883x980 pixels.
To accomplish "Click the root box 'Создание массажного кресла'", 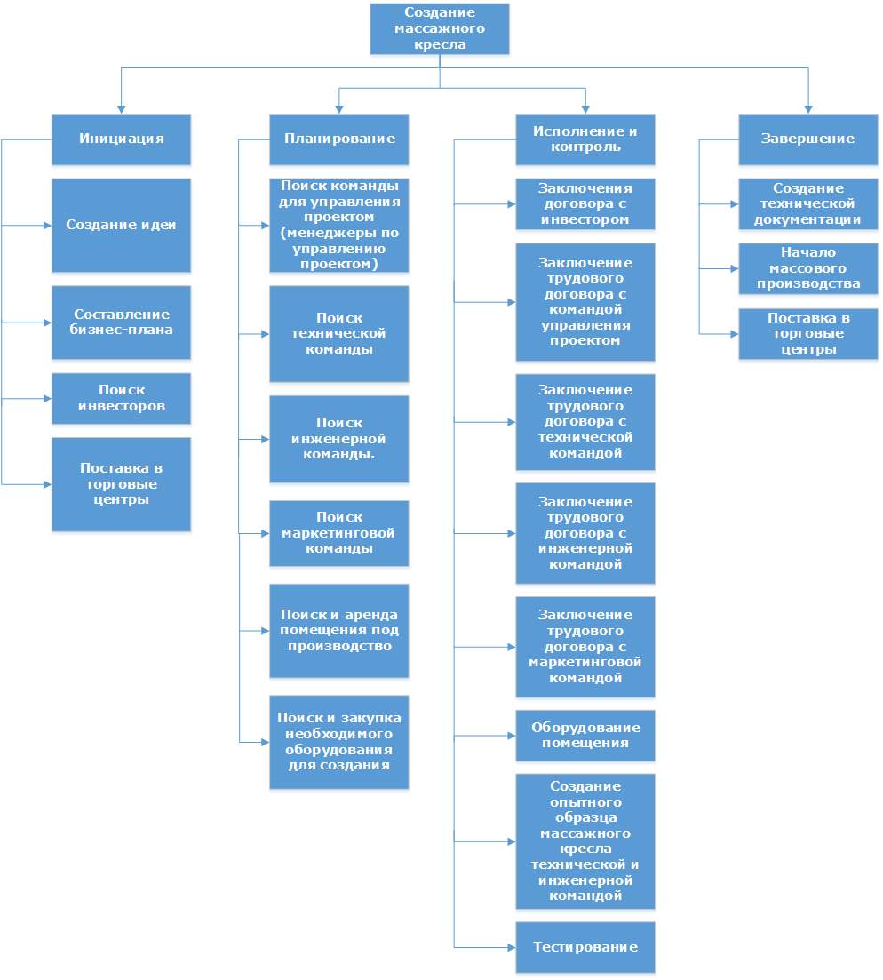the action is (x=440, y=28).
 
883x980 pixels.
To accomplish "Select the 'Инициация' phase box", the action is (x=121, y=139).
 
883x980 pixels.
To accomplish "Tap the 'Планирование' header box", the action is (x=338, y=139).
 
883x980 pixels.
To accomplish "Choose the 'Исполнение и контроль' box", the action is (x=585, y=139).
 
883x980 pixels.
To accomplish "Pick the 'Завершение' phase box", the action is (x=808, y=139).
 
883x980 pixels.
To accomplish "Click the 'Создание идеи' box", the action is (x=121, y=225).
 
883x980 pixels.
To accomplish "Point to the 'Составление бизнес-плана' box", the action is (x=121, y=323).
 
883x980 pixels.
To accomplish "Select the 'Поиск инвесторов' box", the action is (x=121, y=398).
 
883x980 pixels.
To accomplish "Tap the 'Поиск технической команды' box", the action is (x=338, y=334).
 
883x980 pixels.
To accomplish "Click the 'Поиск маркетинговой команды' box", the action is (x=338, y=533).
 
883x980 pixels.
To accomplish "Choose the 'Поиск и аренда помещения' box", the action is (x=338, y=631).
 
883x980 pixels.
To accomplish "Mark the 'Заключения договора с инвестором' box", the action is (x=585, y=203).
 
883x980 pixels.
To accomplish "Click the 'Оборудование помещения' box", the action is (x=585, y=735).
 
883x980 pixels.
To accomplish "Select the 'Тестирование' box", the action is (x=585, y=947).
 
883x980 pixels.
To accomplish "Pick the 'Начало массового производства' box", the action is (x=808, y=268).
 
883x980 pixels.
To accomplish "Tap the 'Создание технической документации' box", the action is (x=808, y=203).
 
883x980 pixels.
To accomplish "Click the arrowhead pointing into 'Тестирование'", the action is (x=511, y=947).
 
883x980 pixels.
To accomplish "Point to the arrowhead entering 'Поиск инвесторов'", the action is (x=47, y=398).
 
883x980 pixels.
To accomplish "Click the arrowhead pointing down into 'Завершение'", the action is (x=808, y=110).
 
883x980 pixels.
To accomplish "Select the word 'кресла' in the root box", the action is (x=440, y=44).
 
